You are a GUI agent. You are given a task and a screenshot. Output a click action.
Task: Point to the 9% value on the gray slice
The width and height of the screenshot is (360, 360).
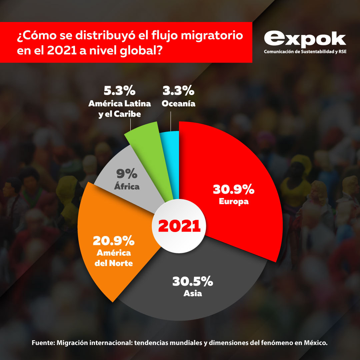point(127,174)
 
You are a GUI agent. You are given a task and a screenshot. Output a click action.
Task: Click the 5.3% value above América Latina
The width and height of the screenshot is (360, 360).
point(119,91)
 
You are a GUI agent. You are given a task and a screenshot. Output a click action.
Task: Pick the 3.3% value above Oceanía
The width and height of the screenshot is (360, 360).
point(178,91)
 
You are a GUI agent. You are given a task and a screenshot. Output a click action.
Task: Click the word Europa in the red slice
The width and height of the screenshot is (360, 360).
point(234,202)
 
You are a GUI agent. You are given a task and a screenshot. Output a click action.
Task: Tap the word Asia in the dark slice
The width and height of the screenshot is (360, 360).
point(193,294)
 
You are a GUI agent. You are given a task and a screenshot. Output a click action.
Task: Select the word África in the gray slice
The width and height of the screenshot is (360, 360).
point(127,187)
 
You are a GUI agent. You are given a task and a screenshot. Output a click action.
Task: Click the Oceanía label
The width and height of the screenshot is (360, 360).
point(178,104)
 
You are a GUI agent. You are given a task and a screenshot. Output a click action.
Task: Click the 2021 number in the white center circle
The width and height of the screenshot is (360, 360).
point(179,226)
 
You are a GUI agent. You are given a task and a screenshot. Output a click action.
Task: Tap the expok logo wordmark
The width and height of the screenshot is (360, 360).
point(305,39)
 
